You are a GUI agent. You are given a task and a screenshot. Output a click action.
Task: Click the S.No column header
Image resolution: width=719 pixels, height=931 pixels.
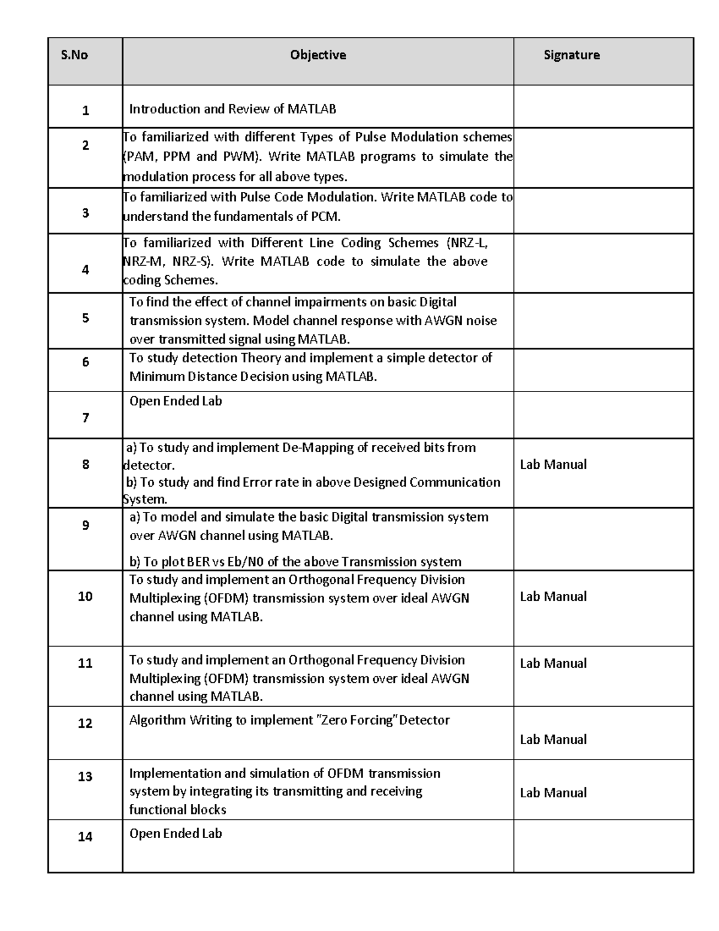tap(74, 55)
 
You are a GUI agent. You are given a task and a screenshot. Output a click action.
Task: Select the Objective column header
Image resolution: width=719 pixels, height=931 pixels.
tap(318, 55)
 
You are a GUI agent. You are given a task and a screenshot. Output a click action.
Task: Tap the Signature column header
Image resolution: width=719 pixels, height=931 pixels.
tap(571, 55)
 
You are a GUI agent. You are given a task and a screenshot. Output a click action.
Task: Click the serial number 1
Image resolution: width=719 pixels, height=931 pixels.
tap(86, 110)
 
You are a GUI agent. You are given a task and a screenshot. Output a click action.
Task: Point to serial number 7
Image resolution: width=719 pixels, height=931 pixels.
tap(86, 418)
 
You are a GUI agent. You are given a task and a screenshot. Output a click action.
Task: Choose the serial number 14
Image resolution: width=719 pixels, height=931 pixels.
tap(85, 836)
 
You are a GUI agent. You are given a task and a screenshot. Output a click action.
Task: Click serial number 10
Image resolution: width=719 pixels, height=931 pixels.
tap(85, 596)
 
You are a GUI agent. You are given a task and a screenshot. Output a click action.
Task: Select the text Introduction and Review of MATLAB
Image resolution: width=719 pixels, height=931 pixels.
tap(232, 109)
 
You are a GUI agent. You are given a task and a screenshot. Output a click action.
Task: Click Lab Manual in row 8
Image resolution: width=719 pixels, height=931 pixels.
tap(553, 465)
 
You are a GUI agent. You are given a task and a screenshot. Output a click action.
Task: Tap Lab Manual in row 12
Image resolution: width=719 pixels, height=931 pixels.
tap(553, 740)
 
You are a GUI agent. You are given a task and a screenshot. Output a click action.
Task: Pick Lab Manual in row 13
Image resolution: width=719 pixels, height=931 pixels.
tap(553, 793)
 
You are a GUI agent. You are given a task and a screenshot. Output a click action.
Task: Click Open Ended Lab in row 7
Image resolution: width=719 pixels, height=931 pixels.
tap(176, 401)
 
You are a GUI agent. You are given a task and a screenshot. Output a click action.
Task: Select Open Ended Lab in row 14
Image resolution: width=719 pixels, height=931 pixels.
tap(176, 833)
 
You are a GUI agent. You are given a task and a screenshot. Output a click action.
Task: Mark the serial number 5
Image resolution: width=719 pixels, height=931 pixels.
tap(86, 318)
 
